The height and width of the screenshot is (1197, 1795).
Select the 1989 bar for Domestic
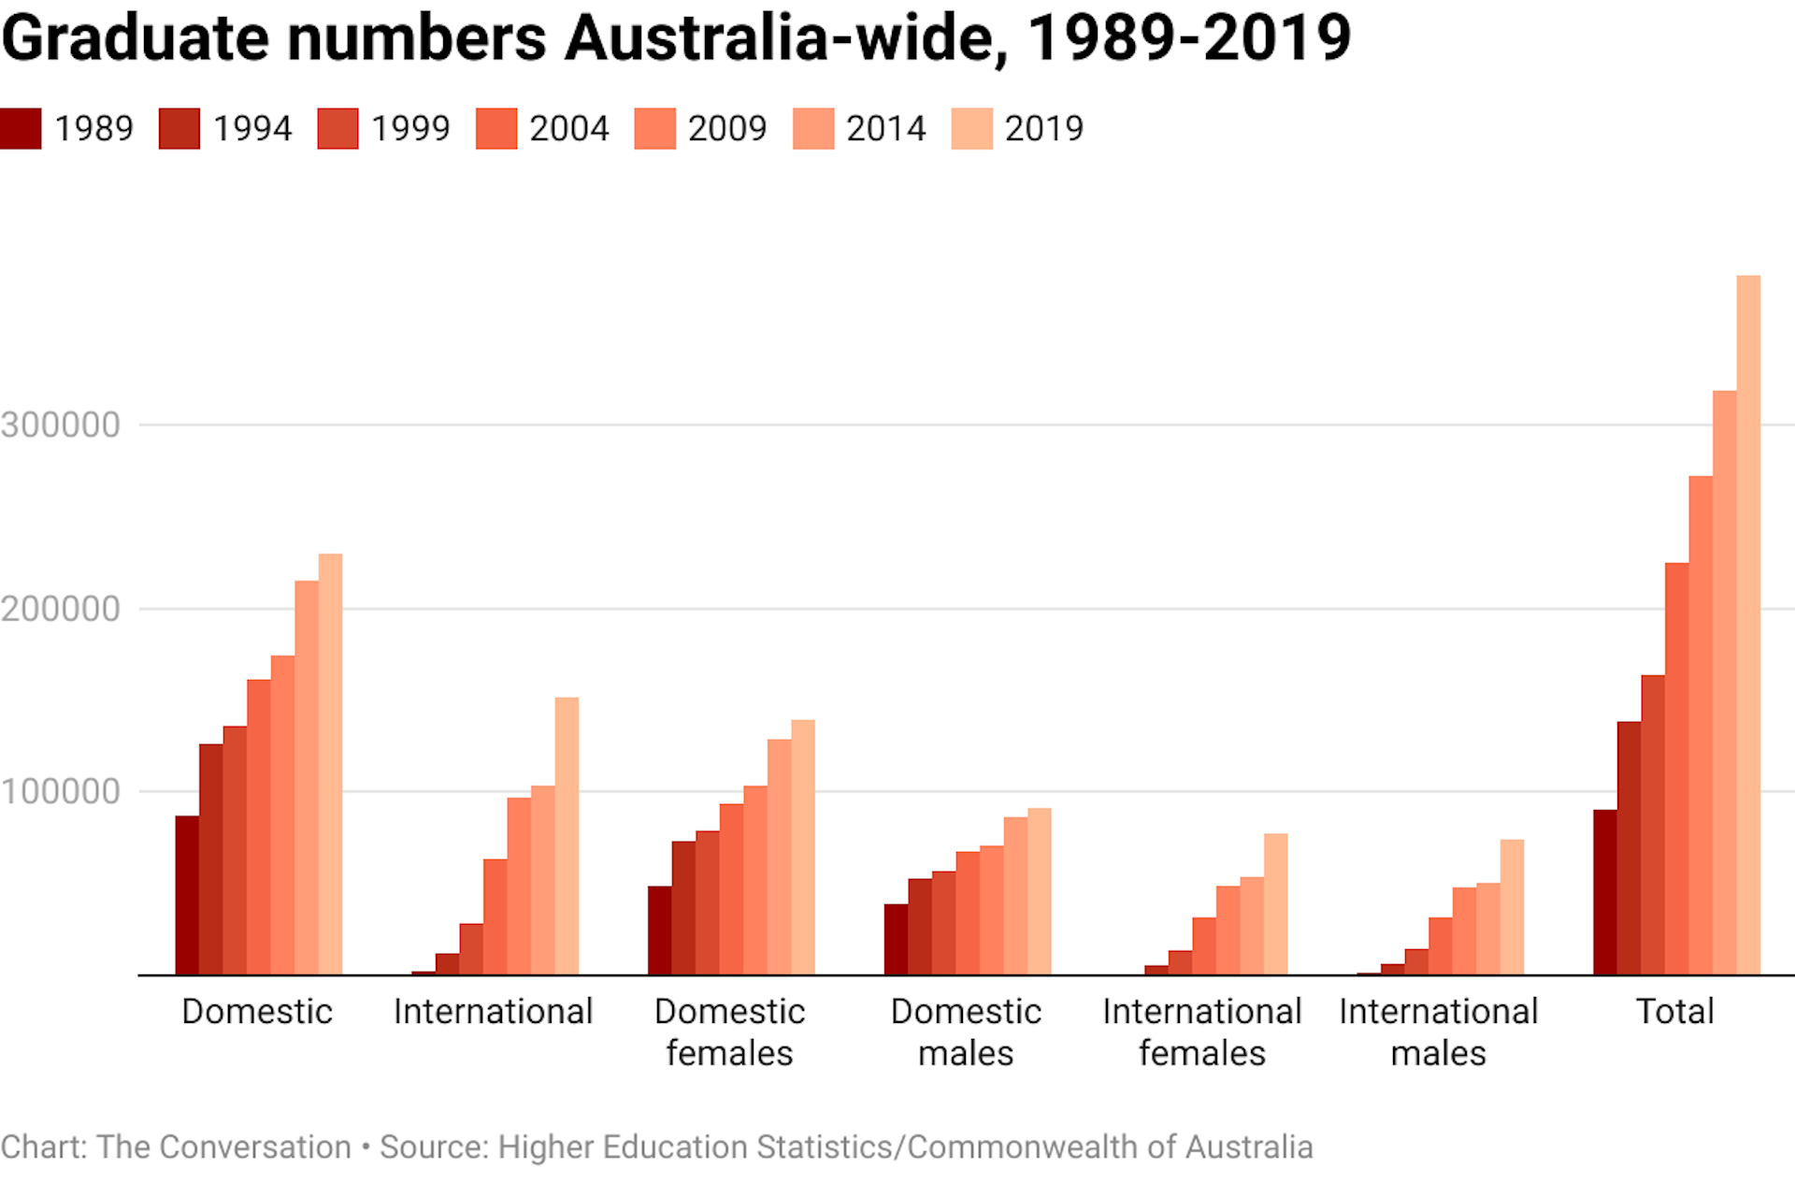tap(187, 895)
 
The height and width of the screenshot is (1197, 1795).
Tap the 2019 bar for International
tap(567, 836)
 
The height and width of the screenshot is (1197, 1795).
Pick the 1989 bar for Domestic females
tap(659, 930)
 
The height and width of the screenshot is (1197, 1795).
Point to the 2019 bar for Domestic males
tap(1039, 891)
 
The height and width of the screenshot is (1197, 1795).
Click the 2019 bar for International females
tap(1275, 904)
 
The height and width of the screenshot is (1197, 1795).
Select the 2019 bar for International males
tap(1512, 907)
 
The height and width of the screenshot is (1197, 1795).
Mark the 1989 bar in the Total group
tap(1605, 892)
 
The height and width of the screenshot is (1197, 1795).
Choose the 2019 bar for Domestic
tap(330, 764)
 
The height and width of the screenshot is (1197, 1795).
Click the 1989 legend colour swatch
tap(21, 128)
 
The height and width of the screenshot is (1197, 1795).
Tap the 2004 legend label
tap(568, 128)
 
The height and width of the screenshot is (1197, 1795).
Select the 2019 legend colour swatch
tap(971, 128)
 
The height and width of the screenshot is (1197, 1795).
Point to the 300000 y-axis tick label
tap(61, 425)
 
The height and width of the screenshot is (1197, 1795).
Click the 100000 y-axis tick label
tap(61, 791)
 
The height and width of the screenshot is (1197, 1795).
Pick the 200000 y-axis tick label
tap(61, 609)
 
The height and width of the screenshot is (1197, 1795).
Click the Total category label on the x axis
tap(1674, 1011)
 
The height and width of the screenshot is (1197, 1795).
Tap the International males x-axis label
tap(1438, 1031)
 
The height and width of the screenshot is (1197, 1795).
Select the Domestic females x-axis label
tap(729, 1031)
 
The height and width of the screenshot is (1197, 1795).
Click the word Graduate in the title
tap(136, 39)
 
